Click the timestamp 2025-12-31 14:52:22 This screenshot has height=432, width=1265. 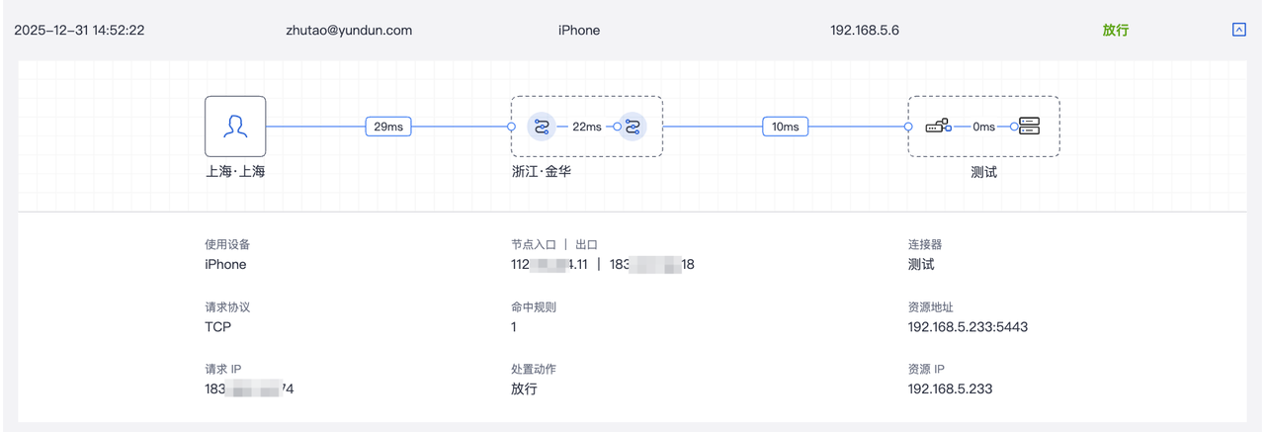[79, 31]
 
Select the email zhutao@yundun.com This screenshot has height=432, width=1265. [348, 31]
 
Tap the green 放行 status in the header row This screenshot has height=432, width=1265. [1115, 31]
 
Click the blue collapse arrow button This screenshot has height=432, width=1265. [1239, 30]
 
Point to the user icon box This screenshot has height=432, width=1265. [235, 126]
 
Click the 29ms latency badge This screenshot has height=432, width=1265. [388, 127]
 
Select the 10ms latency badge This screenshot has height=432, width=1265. [786, 127]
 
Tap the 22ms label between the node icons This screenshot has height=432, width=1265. [586, 127]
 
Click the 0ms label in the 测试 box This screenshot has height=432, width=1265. [983, 127]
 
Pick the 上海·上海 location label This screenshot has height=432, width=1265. [235, 171]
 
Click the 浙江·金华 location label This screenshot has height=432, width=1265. [542, 171]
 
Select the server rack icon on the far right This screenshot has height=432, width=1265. [1030, 126]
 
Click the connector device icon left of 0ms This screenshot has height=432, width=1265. [938, 126]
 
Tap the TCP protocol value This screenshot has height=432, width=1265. [217, 326]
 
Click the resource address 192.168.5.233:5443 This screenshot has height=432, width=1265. [968, 326]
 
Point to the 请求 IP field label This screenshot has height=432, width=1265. [221, 369]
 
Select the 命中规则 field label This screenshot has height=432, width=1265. [534, 306]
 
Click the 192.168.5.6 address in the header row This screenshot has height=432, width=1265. [865, 31]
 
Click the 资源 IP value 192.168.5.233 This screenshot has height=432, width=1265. [950, 389]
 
